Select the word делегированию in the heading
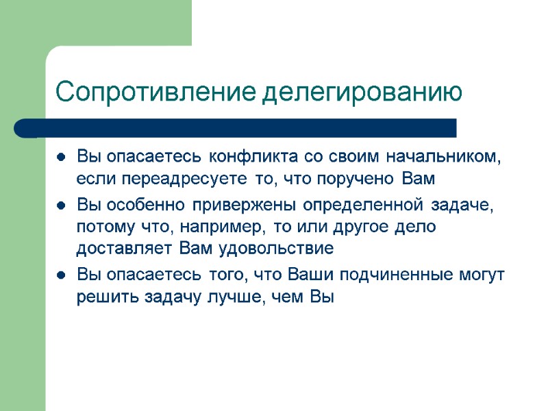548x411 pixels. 364,91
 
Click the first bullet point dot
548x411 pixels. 61,158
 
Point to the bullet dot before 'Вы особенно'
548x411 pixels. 61,205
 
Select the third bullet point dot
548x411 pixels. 61,275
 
